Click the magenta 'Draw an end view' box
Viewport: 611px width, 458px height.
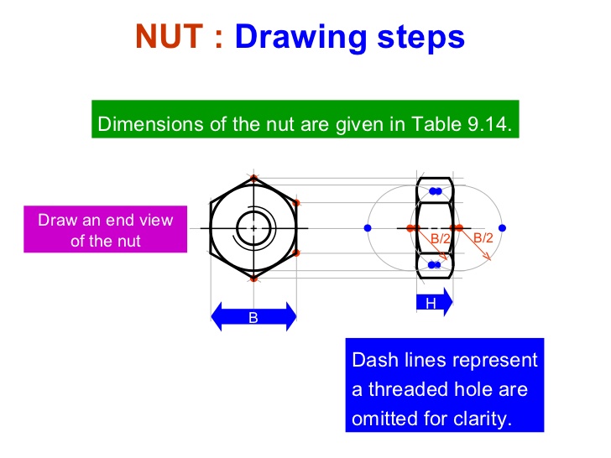click(x=105, y=230)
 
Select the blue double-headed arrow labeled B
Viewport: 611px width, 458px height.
click(x=253, y=317)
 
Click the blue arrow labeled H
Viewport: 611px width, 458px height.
click(x=434, y=302)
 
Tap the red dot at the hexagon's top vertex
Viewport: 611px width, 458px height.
click(x=253, y=177)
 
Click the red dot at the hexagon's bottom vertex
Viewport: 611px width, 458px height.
click(x=253, y=278)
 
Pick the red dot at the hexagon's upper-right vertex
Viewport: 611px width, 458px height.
click(x=298, y=202)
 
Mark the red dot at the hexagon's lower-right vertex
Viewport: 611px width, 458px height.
click(x=298, y=252)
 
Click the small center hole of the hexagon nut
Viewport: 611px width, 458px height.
click(x=253, y=227)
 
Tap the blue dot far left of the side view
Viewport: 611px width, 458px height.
click(x=368, y=227)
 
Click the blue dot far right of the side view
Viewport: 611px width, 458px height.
click(x=501, y=227)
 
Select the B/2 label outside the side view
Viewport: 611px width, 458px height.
click(x=483, y=238)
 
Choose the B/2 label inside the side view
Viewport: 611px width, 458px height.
click(x=441, y=239)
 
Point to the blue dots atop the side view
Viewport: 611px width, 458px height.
click(x=435, y=191)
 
